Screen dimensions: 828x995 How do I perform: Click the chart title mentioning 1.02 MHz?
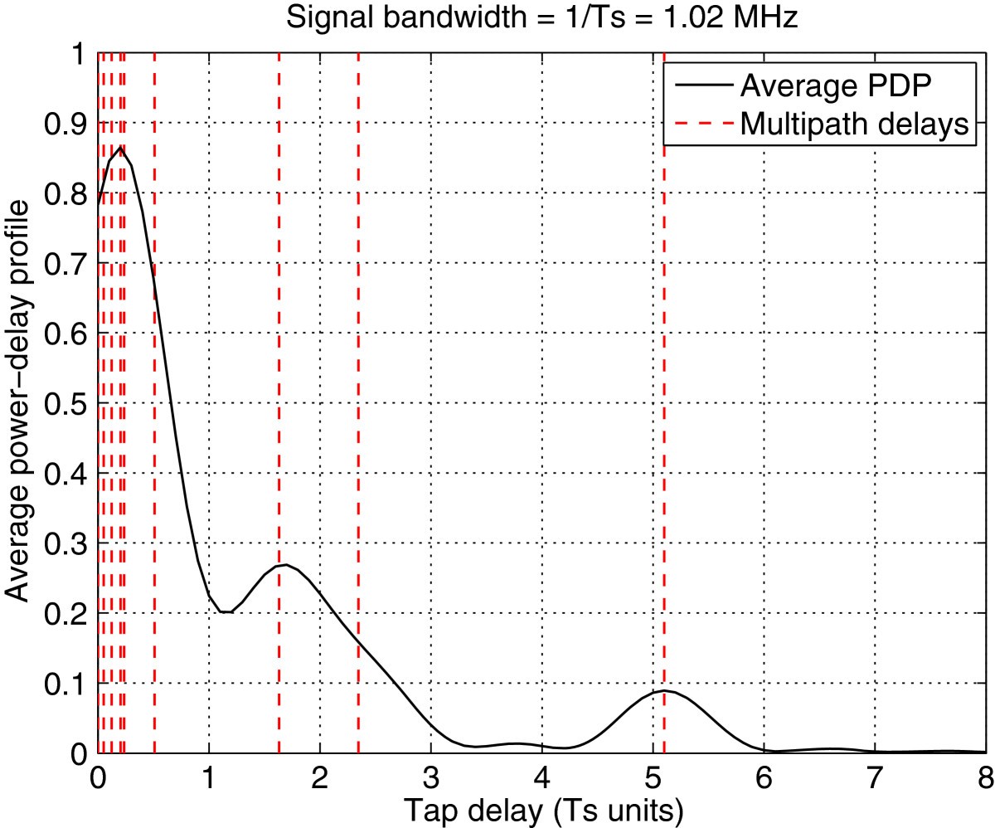541,18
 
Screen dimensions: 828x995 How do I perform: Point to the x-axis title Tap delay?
541,807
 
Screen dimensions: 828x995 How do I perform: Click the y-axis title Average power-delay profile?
19,403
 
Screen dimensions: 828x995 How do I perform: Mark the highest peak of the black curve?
121,148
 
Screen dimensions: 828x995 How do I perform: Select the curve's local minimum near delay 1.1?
225,612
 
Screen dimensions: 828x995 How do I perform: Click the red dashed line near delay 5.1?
664,415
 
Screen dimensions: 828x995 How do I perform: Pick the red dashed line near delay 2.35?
358,415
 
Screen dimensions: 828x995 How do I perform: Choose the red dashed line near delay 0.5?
154,415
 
